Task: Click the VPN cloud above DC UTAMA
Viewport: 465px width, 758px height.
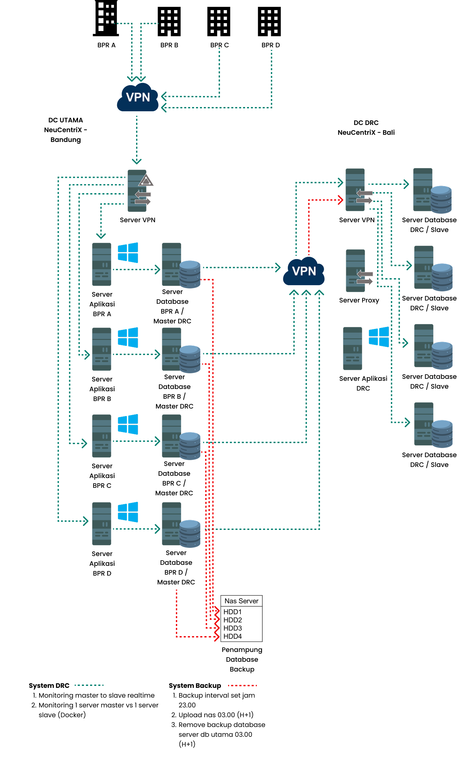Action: pyautogui.click(x=138, y=98)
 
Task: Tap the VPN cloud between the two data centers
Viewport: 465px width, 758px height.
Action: pyautogui.click(x=304, y=271)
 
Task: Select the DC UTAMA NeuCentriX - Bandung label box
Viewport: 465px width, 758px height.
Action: pyautogui.click(x=66, y=130)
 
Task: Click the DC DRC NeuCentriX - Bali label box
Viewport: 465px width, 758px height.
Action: pyautogui.click(x=366, y=128)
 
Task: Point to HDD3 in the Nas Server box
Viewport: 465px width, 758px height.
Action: pyautogui.click(x=233, y=628)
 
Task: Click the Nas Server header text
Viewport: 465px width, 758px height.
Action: pyautogui.click(x=241, y=601)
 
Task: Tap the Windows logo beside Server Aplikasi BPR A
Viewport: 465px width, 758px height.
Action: pyautogui.click(x=128, y=253)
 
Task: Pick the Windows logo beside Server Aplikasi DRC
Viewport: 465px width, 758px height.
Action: pyautogui.click(x=379, y=337)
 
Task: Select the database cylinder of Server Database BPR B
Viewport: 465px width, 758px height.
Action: pyautogui.click(x=190, y=359)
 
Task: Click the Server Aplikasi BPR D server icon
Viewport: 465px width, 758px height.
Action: pyautogui.click(x=102, y=523)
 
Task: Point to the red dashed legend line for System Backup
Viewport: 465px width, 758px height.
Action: pyautogui.click(x=242, y=686)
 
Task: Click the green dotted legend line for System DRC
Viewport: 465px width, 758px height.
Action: pyautogui.click(x=89, y=685)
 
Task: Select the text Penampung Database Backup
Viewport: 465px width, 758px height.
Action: pyautogui.click(x=242, y=659)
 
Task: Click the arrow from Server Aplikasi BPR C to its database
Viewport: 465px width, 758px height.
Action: pyautogui.click(x=136, y=441)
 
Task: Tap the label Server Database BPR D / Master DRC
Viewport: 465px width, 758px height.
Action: pyautogui.click(x=176, y=567)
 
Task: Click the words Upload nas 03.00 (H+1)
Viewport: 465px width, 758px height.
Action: pyautogui.click(x=216, y=715)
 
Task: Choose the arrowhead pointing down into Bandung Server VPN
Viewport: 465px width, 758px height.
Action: pyautogui.click(x=137, y=161)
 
